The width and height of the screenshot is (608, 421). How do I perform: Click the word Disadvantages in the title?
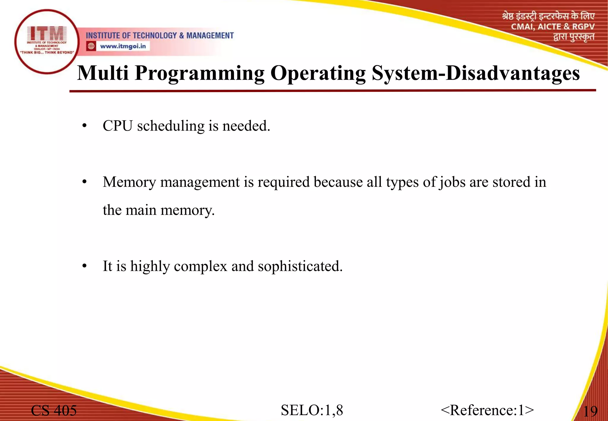[513, 73]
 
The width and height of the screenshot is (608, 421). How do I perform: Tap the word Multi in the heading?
[103, 73]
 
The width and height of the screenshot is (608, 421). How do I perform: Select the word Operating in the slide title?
[318, 74]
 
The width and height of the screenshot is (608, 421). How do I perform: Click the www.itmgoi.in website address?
[123, 46]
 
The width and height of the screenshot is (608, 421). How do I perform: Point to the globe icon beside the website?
[91, 46]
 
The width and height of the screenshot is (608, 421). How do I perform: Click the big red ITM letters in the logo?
[47, 33]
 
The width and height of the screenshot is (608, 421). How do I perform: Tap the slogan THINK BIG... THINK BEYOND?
[47, 53]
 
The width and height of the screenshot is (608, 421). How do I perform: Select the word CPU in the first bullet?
[117, 126]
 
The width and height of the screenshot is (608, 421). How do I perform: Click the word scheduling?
[171, 126]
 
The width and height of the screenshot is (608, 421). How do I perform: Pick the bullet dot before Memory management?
[85, 182]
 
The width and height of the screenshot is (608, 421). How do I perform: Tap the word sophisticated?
[300, 266]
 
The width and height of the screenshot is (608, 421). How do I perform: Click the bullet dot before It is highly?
[85, 266]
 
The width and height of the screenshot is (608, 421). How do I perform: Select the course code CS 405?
[54, 410]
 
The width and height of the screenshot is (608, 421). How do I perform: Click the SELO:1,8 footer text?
[312, 410]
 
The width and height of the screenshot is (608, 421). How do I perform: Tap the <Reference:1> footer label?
[487, 410]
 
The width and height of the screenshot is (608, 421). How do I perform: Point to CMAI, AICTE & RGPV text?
[552, 27]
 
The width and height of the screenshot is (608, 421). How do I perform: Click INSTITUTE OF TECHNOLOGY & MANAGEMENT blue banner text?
[160, 36]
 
